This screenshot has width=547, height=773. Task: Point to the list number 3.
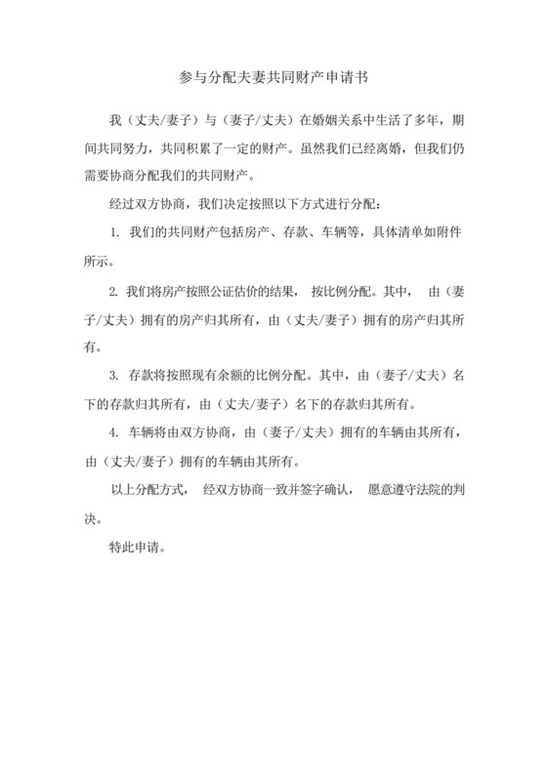click(x=114, y=376)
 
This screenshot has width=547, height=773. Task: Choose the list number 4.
click(x=114, y=432)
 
